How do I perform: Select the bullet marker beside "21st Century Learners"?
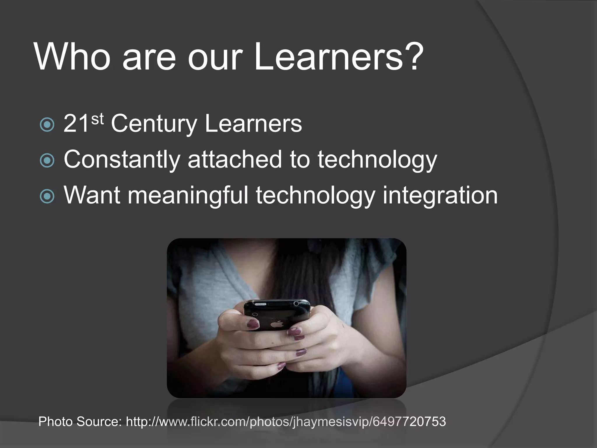47,125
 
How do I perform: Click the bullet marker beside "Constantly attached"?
47,161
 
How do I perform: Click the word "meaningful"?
188,195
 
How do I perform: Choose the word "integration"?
440,195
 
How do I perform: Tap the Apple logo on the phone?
275,324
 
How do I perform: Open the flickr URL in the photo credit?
286,421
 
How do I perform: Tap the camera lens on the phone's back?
255,314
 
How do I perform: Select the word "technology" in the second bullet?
377,160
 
